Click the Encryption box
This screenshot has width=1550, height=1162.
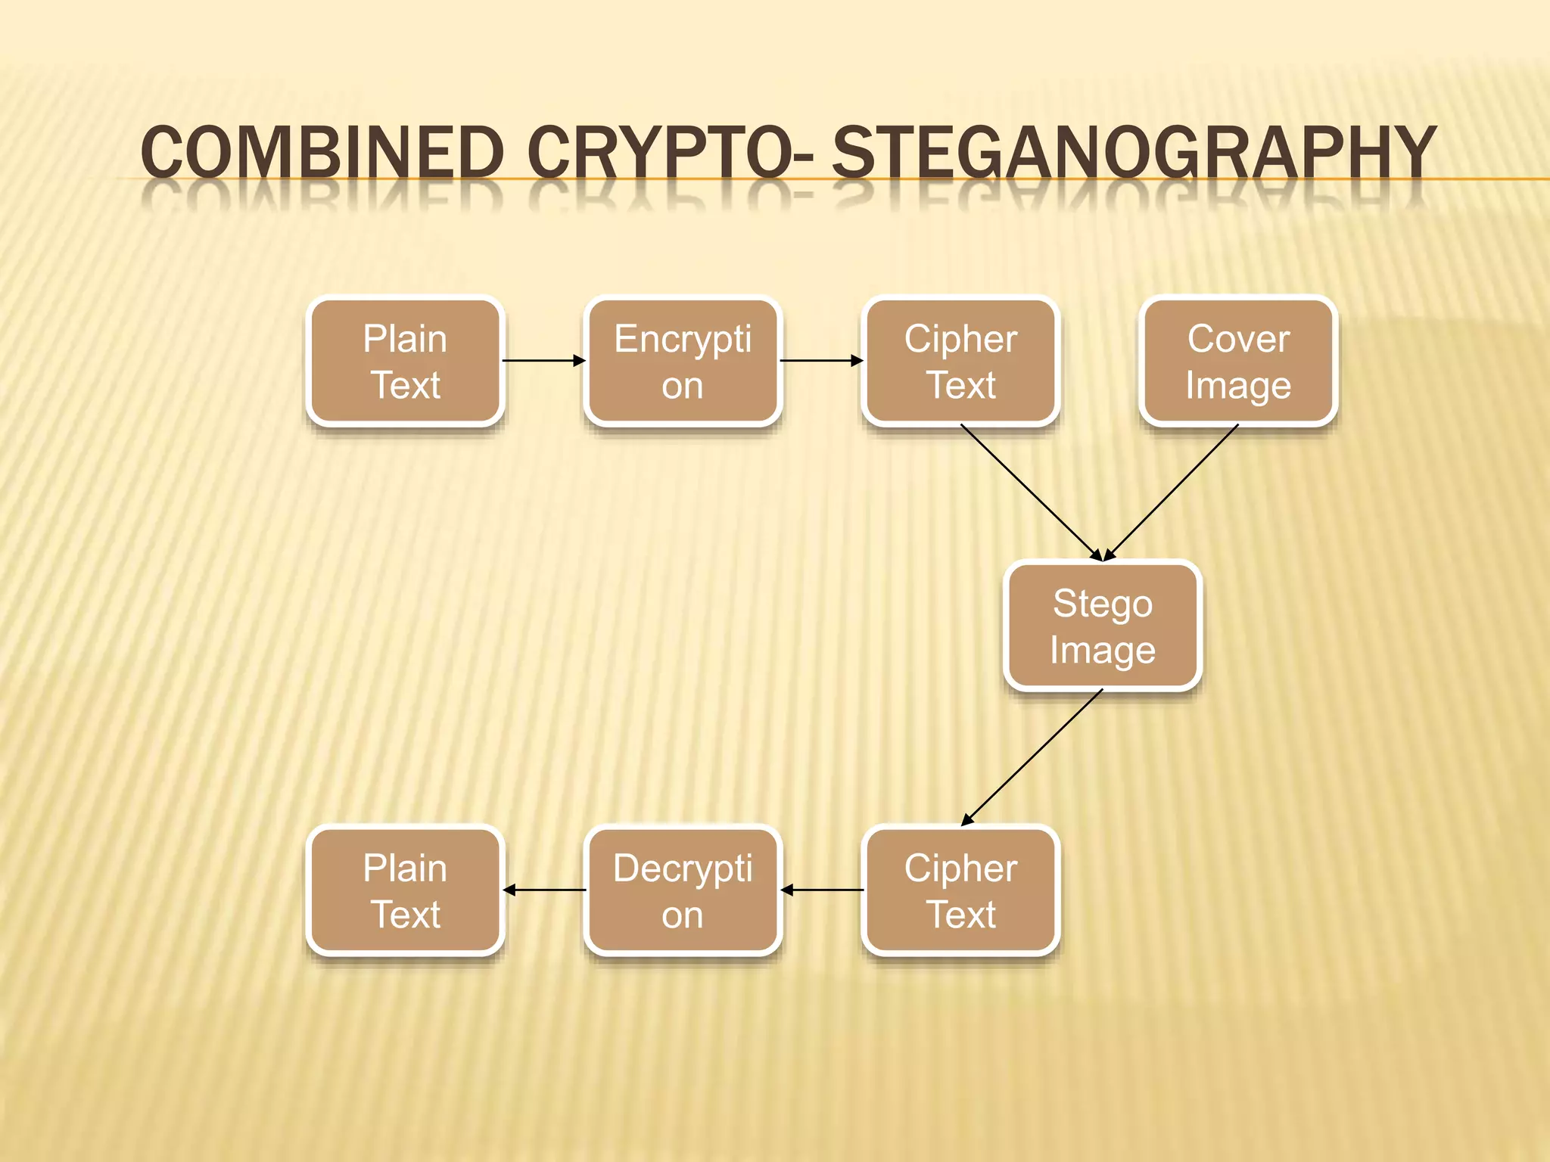click(683, 361)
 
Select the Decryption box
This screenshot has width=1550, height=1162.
click(683, 890)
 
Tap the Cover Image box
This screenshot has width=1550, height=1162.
click(1238, 361)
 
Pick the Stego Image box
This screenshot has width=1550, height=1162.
click(1103, 626)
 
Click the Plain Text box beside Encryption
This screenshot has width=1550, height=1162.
click(405, 361)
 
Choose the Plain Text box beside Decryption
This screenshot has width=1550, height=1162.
click(405, 890)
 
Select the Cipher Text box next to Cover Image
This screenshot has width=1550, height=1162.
click(960, 361)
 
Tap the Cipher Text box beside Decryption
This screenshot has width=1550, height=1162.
click(960, 890)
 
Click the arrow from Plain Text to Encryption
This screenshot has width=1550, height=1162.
click(543, 361)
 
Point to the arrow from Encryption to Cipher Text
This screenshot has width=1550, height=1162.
click(821, 361)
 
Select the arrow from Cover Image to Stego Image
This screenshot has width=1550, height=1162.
click(1172, 492)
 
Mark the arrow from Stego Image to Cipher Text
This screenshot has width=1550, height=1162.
click(1032, 757)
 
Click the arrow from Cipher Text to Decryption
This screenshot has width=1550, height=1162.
click(822, 890)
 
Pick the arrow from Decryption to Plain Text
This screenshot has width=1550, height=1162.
click(544, 890)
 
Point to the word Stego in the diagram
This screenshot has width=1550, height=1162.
click(1103, 603)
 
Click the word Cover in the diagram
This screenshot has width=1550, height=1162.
click(1238, 338)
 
